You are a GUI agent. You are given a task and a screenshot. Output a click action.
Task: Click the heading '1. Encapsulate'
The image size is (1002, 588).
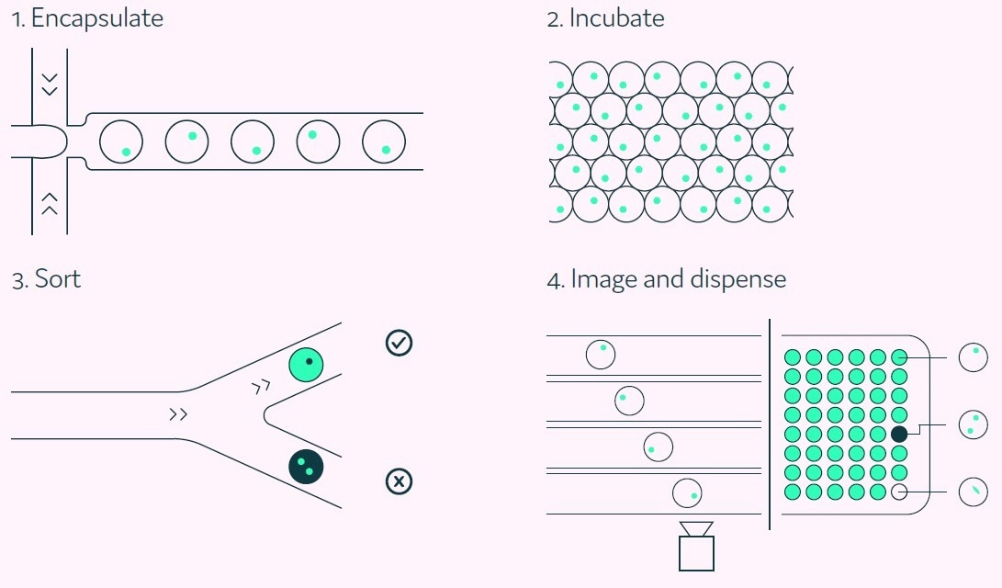tap(87, 19)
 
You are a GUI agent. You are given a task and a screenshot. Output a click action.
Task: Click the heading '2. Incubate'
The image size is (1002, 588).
tap(605, 19)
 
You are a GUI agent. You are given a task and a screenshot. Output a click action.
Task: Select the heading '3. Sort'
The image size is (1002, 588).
tap(46, 279)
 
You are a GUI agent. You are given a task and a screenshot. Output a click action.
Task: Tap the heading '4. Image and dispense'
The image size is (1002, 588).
tap(666, 279)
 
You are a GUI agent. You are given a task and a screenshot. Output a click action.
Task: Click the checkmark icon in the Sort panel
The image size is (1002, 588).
tap(399, 344)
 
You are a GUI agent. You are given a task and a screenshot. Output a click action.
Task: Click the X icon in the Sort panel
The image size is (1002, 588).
tap(399, 481)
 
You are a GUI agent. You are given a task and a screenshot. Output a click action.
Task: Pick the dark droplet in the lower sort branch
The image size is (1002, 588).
tap(307, 466)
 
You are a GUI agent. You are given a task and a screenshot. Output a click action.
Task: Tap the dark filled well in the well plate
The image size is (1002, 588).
tap(899, 434)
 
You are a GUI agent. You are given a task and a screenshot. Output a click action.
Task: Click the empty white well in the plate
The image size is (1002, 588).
tap(899, 492)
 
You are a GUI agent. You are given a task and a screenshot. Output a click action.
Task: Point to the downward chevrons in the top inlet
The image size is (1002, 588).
tap(50, 84)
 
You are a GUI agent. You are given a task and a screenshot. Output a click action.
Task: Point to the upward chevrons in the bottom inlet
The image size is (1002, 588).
tap(50, 203)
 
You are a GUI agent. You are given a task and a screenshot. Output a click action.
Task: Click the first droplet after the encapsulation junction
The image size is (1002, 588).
tap(120, 142)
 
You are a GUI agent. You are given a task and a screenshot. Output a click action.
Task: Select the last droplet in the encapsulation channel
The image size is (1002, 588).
tap(384, 142)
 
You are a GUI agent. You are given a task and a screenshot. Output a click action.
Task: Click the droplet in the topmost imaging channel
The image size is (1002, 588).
tap(600, 354)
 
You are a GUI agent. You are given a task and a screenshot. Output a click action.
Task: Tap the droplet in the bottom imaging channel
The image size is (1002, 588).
tap(687, 493)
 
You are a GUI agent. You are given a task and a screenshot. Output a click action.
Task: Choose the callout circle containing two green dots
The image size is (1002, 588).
tap(973, 424)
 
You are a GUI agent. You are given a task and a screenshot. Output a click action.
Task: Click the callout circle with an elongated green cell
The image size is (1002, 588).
tap(973, 492)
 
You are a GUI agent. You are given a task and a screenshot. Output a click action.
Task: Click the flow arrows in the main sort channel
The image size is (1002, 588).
tap(178, 415)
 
